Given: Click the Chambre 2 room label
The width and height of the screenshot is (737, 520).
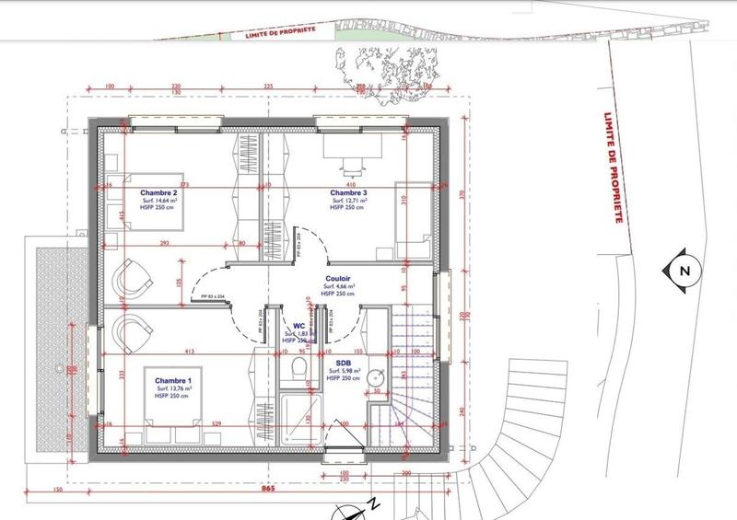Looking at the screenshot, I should click(x=158, y=192).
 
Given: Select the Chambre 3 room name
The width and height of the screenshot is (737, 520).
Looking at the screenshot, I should click(x=348, y=192).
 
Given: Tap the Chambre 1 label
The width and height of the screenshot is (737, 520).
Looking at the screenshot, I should click(x=172, y=381).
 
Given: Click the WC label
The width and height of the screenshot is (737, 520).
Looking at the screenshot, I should click(x=298, y=326).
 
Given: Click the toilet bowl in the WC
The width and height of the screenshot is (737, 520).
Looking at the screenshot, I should click(x=297, y=368).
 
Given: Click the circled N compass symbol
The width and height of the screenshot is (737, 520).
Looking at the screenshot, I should click(x=683, y=271).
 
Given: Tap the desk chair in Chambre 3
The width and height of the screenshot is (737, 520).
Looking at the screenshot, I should click(x=353, y=166).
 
